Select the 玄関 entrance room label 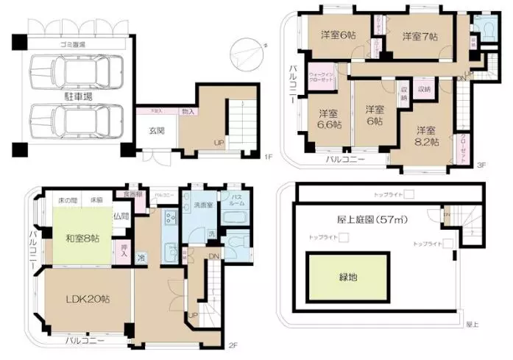pos(157,131)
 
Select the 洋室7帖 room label pos(420,35)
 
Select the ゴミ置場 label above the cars pos(74,43)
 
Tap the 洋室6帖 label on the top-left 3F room pos(336,35)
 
